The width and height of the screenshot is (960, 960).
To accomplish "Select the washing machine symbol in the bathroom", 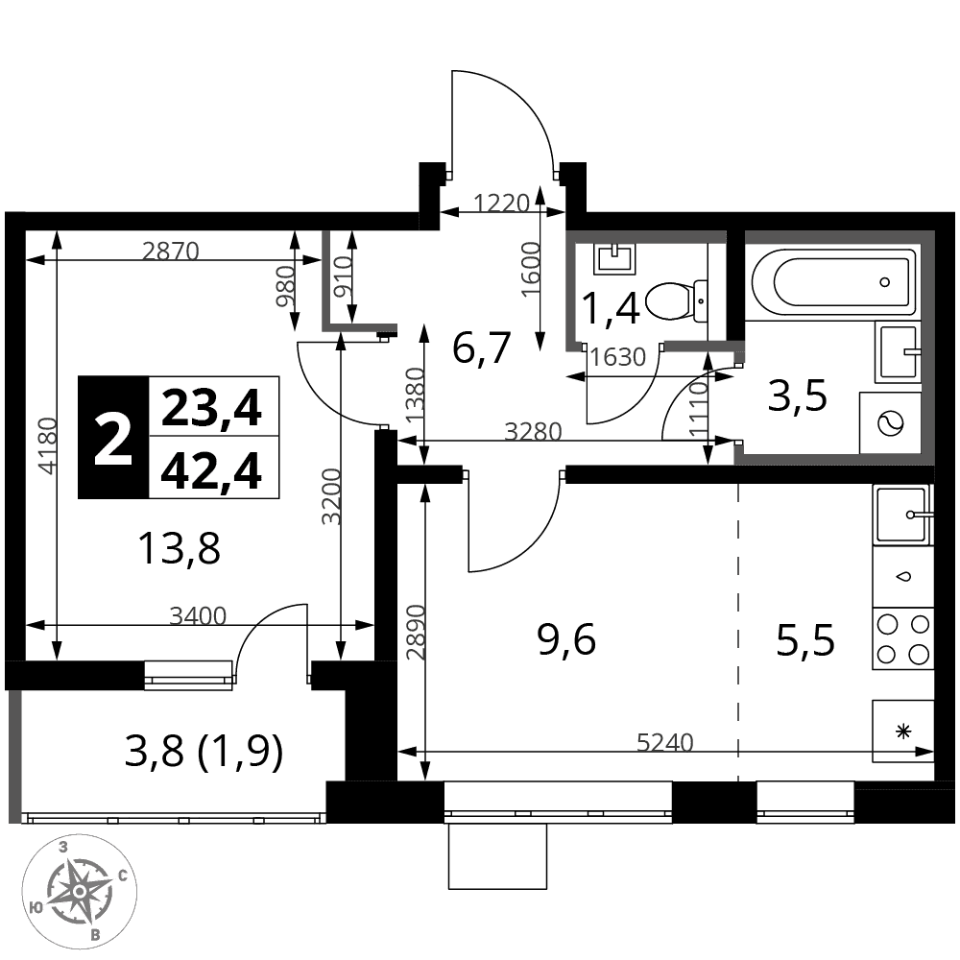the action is pyautogui.click(x=890, y=423).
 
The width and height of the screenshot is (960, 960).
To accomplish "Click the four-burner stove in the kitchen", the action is pyautogui.click(x=903, y=639).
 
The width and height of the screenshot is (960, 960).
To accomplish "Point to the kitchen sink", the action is pyautogui.click(x=903, y=515).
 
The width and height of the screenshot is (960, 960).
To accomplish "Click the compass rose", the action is pyautogui.click(x=80, y=892).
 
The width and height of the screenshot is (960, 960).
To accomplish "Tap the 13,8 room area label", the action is pyautogui.click(x=180, y=547).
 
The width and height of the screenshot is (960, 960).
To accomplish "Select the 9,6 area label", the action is pyautogui.click(x=567, y=641).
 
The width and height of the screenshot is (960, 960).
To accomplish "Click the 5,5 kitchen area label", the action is pyautogui.click(x=805, y=641).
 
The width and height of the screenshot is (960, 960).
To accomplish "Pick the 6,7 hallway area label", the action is pyautogui.click(x=481, y=348).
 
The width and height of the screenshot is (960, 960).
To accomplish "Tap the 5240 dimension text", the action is pyautogui.click(x=665, y=742).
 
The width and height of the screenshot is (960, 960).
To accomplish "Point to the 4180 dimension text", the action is pyautogui.click(x=47, y=445).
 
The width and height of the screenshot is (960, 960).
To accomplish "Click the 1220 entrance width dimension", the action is pyautogui.click(x=501, y=203).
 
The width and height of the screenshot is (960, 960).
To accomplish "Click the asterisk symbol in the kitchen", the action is pyautogui.click(x=903, y=731).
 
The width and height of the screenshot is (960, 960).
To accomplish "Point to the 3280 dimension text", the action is pyautogui.click(x=533, y=432).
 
